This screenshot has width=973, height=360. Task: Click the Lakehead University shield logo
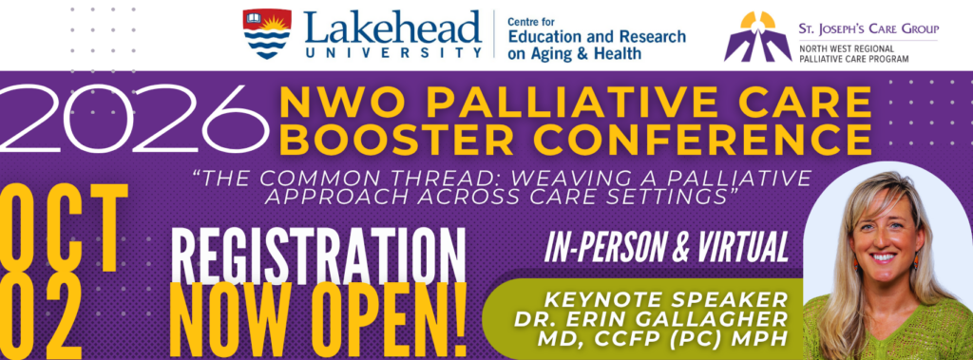pos(267,33)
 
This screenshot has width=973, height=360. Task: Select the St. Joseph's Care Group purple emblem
pos(757,37)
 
